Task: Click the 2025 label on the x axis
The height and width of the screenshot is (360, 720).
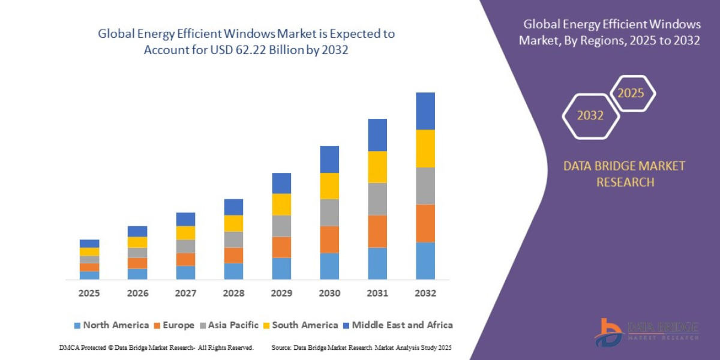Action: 89,293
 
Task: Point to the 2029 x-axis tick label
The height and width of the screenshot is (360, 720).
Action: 281,293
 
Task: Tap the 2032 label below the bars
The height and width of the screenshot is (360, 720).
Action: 425,293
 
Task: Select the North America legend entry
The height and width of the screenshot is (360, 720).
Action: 111,325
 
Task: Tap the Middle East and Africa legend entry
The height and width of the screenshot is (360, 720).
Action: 397,325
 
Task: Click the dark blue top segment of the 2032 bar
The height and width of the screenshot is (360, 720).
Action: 425,111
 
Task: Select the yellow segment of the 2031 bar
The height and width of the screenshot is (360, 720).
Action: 377,167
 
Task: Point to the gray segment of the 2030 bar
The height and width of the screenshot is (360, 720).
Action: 329,212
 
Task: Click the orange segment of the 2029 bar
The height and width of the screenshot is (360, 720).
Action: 281,247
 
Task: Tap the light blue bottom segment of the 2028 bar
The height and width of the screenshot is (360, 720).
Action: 233,271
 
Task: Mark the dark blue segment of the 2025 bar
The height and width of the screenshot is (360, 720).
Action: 89,244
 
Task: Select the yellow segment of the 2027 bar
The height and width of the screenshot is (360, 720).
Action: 185,233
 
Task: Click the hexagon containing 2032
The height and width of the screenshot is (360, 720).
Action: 590,116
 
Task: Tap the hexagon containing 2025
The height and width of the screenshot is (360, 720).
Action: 631,94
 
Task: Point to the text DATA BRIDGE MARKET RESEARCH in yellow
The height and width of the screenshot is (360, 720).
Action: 624,174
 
